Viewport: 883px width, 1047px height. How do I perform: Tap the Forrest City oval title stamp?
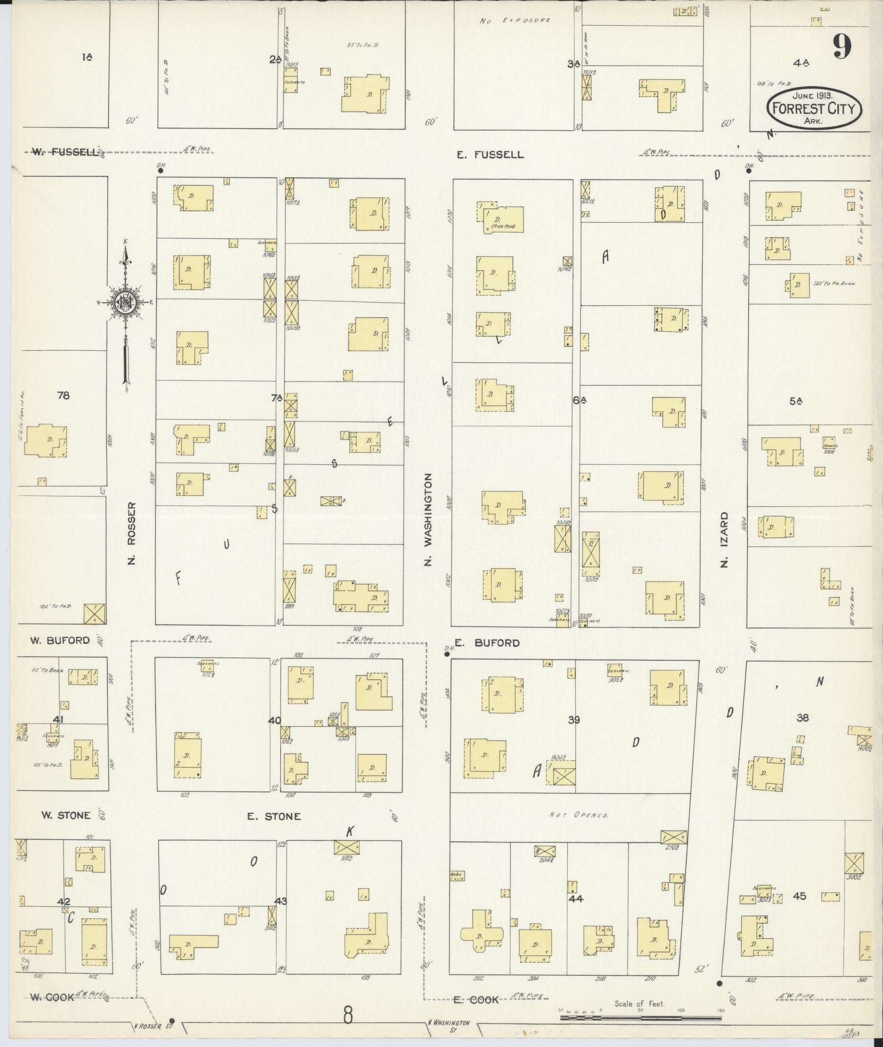[813, 109]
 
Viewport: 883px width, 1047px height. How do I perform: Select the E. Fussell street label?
[490, 155]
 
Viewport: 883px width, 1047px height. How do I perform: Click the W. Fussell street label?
[64, 152]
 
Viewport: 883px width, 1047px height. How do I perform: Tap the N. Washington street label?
[428, 519]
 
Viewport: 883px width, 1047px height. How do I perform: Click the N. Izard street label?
[724, 539]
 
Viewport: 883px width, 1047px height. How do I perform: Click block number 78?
[63, 395]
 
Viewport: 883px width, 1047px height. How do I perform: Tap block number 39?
[573, 720]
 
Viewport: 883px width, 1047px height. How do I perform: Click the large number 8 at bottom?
[348, 1015]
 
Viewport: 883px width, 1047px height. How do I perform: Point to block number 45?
[799, 896]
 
